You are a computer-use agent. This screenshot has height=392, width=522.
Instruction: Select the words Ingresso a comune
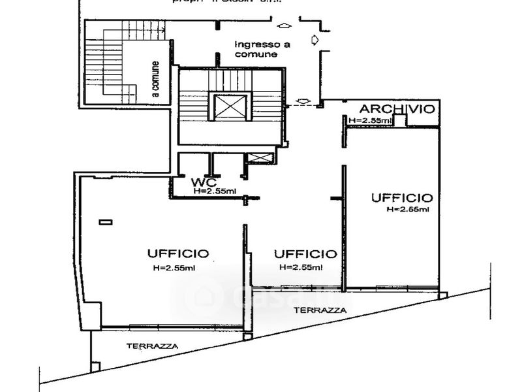coord(262,50)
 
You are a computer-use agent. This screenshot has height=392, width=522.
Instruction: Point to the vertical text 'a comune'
coord(155,79)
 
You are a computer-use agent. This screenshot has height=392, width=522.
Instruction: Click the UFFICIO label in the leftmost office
coord(177,253)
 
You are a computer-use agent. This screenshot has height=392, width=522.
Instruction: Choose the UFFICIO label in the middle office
coord(305,253)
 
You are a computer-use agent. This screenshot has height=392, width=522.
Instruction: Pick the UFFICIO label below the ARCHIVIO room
coord(401,197)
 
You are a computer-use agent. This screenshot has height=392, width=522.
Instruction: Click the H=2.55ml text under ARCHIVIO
coord(370,120)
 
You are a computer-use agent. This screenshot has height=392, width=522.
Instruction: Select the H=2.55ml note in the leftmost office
coord(174,268)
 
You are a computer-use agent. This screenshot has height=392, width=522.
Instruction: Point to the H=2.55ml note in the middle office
coord(301,267)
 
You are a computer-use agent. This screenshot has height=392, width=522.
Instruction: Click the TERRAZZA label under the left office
coord(153,346)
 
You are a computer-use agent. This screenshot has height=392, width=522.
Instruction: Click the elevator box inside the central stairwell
coord(230,107)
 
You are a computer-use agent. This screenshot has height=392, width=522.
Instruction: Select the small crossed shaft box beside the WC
coord(259,158)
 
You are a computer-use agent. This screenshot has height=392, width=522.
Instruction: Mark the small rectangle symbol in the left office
coord(105,222)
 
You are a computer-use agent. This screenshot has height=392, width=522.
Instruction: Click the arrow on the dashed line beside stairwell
coord(303,101)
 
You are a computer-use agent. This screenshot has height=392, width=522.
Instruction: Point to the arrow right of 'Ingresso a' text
coord(315,41)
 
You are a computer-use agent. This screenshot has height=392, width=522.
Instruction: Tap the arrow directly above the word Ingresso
coord(284,26)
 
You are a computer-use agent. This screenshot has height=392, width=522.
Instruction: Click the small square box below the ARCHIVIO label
coord(400,120)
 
